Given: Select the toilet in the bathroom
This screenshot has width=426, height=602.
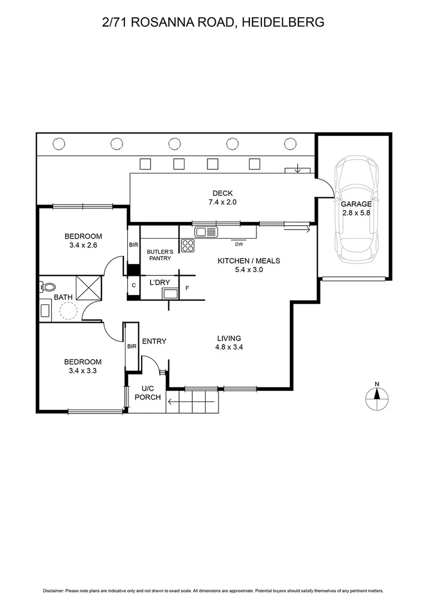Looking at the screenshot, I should pos(47,288).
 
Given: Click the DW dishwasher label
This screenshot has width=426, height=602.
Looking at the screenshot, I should pos(239,244).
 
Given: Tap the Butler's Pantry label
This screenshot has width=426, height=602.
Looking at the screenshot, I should pos(160,255).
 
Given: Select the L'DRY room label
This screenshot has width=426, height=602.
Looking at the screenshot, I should pos(159,283).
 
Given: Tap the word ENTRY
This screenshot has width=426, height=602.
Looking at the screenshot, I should pos(154,341).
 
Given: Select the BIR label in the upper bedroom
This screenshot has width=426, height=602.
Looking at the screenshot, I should pos(133,245).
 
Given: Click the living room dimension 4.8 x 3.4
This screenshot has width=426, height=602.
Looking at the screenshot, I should pos(229,346).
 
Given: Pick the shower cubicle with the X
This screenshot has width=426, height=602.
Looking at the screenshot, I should pos(90,288).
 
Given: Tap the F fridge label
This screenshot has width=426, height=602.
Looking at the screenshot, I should pos(187,288).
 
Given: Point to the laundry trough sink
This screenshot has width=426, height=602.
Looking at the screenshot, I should pos(170,293).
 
